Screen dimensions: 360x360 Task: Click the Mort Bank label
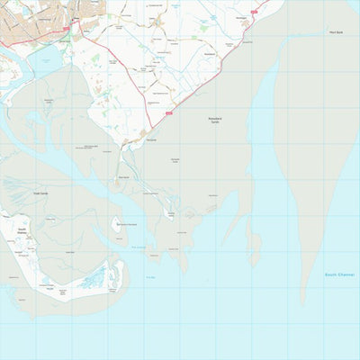[335, 32]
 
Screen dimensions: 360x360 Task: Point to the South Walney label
[22, 231]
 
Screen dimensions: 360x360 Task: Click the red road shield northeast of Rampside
[169, 113]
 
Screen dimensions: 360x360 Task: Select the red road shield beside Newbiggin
[255, 11]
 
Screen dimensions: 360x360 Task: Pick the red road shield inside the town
[66, 29]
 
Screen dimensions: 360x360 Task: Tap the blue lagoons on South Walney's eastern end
[94, 282]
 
